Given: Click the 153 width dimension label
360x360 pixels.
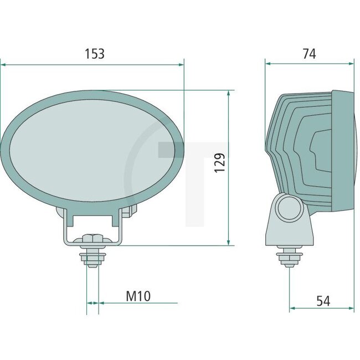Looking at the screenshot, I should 94,54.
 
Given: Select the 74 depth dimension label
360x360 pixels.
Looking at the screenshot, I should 309,54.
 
